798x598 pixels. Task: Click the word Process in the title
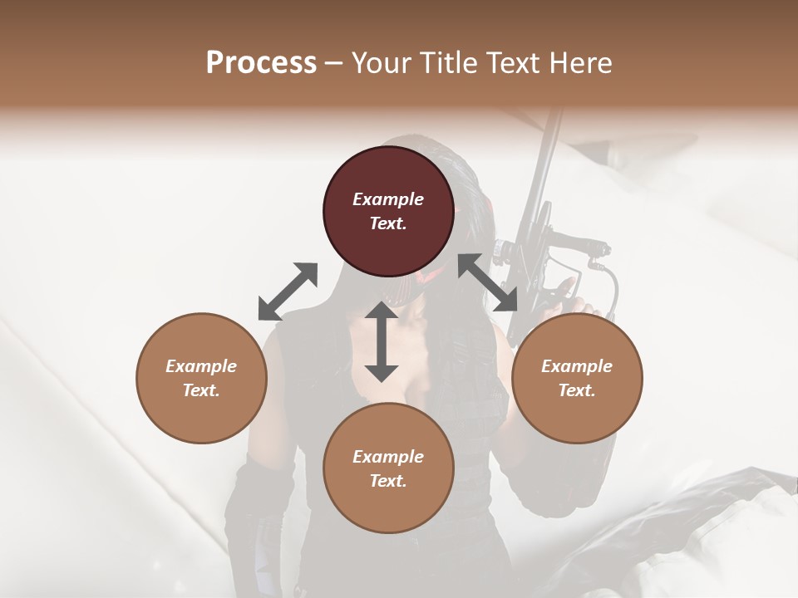click(261, 63)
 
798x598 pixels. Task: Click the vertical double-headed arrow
click(382, 341)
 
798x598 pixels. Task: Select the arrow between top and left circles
click(288, 292)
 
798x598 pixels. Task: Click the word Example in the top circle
click(388, 199)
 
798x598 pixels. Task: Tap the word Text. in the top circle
click(388, 223)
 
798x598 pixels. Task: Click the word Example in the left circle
click(201, 366)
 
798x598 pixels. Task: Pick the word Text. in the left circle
click(201, 390)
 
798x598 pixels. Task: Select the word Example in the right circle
click(577, 366)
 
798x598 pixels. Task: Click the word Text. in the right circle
click(577, 390)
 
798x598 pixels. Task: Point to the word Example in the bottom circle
click(388, 457)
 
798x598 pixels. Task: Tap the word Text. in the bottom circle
click(388, 481)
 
